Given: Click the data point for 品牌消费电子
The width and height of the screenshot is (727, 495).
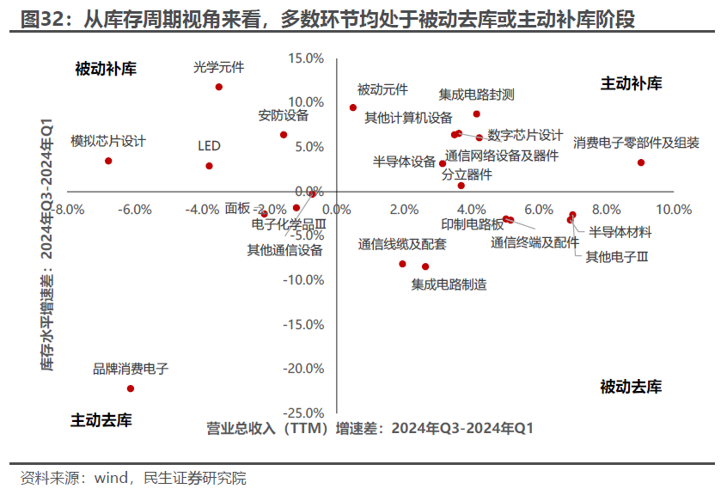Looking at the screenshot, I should [131, 388].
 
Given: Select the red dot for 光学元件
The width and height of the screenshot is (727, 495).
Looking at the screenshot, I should [219, 87].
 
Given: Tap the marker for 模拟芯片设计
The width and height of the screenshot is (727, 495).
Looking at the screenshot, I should [108, 161].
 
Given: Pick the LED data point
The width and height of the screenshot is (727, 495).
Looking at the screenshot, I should [209, 166].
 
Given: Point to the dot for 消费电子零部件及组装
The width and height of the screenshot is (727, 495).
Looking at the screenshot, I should [641, 162].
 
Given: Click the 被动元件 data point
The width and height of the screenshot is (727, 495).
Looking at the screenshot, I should [353, 107].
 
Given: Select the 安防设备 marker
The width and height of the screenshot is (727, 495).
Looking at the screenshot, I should [284, 135].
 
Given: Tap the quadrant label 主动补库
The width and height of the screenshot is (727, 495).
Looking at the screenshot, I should [632, 83].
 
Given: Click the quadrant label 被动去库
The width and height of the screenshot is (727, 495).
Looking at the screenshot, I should [632, 387].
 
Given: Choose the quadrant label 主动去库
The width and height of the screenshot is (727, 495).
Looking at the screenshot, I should [101, 420].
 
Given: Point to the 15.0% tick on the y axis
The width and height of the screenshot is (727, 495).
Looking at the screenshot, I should [307, 58].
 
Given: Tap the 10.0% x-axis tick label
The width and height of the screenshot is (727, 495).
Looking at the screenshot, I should [674, 210].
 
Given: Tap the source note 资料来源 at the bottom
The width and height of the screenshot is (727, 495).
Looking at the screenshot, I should [133, 478].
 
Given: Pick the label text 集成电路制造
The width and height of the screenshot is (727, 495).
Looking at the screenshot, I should [449, 284].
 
